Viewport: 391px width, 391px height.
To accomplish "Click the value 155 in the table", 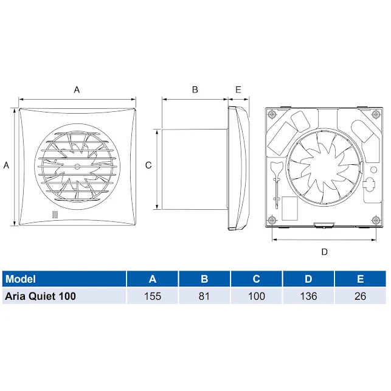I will pos(153,296).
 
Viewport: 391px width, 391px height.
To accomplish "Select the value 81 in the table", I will pos(204,296).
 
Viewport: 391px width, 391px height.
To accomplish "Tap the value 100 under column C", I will pos(256,296).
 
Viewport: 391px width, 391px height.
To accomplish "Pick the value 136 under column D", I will pos(308,296).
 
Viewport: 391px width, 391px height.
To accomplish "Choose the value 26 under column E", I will pos(360,296).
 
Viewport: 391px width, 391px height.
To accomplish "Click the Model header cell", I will pos(20,279).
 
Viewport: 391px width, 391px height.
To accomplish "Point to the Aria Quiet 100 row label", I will pos(40,296).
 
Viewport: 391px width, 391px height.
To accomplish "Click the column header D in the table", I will pos(308,279).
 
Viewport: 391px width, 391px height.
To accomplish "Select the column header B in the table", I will pos(204,279).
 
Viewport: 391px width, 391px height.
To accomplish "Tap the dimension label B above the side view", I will pos(195,89).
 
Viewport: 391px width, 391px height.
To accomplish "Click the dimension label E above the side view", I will pos(238,89).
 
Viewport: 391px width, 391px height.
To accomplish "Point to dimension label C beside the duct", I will pos(148,165).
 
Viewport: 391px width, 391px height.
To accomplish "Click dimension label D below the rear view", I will pos(324,251).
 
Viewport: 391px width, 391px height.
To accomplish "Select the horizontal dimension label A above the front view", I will pos(77,89).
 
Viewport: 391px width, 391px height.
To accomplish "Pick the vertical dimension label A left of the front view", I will pos(7,165).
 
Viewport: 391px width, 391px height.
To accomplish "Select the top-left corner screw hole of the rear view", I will pos(272,113).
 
